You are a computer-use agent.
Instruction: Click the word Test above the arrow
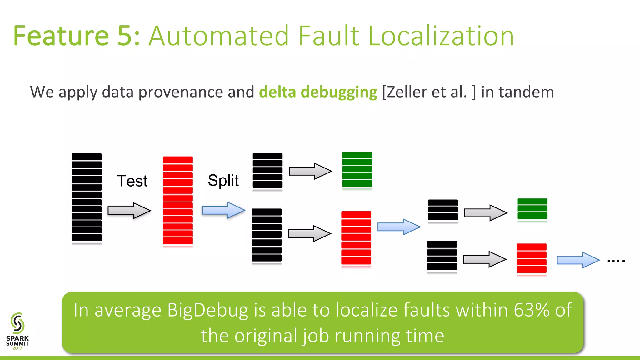click(132, 181)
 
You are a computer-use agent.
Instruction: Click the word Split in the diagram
click(223, 180)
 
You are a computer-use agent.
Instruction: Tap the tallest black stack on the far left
click(87, 197)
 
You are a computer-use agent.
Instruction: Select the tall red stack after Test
click(177, 201)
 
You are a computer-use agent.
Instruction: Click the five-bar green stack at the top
click(357, 170)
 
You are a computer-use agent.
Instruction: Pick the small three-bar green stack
click(532, 209)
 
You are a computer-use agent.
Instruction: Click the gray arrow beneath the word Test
click(129, 211)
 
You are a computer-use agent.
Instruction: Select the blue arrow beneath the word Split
click(223, 210)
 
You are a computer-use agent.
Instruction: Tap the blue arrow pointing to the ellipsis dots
click(578, 260)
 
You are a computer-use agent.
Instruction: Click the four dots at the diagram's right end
click(616, 261)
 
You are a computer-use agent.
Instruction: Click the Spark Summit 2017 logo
click(17, 331)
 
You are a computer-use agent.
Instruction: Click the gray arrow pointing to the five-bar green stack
click(310, 171)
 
